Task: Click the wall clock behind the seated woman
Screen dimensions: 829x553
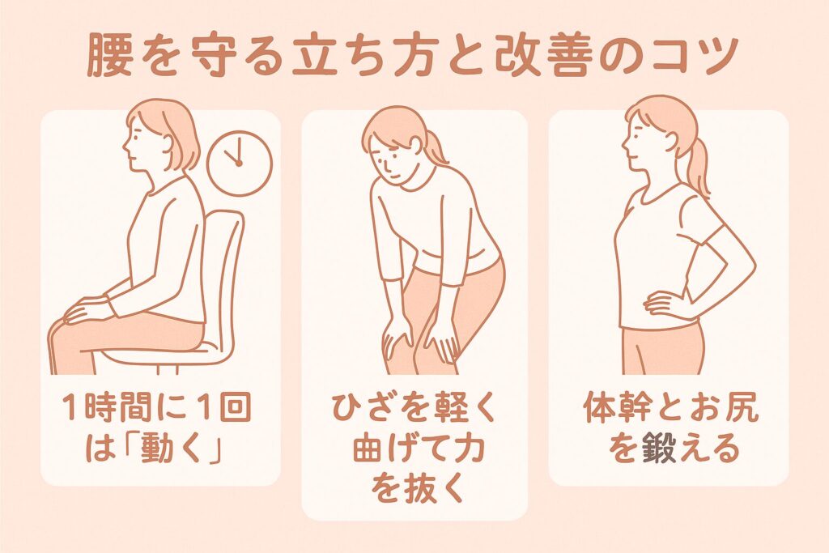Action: [239, 164]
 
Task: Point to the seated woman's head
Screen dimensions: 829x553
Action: [161, 138]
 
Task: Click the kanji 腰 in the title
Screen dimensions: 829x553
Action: [108, 56]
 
